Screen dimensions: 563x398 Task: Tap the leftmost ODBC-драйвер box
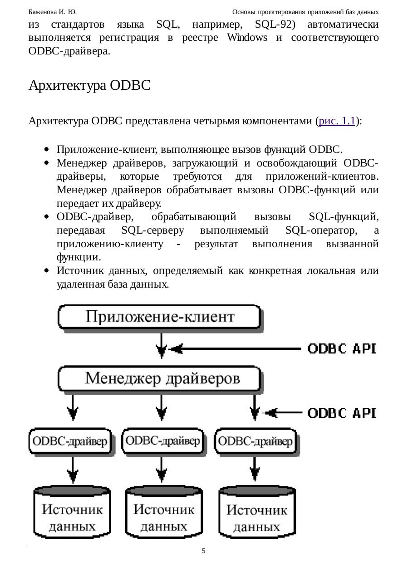click(x=70, y=441)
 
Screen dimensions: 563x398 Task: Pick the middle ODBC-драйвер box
click(x=162, y=441)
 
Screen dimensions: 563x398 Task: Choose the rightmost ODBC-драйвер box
click(x=255, y=441)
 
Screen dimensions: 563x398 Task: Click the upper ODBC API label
click(x=342, y=348)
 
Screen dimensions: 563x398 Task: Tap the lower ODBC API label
click(x=342, y=413)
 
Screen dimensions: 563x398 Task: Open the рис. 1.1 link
click(x=337, y=121)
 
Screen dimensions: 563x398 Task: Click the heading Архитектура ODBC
click(x=89, y=85)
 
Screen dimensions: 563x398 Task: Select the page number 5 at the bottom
click(x=203, y=551)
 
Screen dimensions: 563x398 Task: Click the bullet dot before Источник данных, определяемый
click(x=47, y=271)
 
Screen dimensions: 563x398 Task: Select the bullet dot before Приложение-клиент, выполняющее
click(x=47, y=149)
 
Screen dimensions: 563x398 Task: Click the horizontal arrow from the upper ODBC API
click(x=236, y=348)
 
